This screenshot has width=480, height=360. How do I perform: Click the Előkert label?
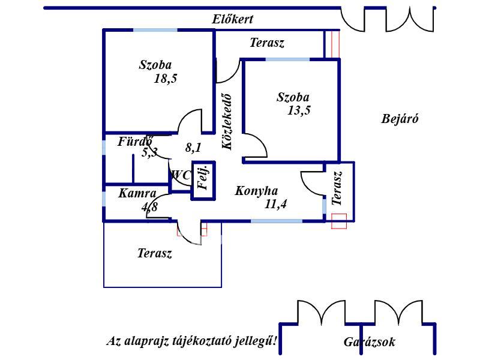pyautogui.click(x=233, y=19)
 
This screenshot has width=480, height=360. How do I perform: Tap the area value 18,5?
pyautogui.click(x=166, y=79)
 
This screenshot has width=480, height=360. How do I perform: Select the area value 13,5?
pyautogui.click(x=299, y=110)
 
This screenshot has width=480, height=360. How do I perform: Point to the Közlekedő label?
pyautogui.click(x=227, y=122)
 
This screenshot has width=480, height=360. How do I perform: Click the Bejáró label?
pyautogui.click(x=400, y=119)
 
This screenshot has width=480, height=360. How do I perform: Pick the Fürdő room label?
pyautogui.click(x=134, y=142)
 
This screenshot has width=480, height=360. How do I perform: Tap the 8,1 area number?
pyautogui.click(x=193, y=148)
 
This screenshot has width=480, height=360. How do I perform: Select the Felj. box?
pyautogui.click(x=203, y=181)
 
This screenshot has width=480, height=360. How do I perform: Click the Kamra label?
pyautogui.click(x=137, y=193)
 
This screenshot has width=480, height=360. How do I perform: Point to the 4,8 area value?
pyautogui.click(x=149, y=207)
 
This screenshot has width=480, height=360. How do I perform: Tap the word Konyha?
pyautogui.click(x=257, y=191)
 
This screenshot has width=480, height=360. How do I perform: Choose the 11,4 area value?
pyautogui.click(x=275, y=204)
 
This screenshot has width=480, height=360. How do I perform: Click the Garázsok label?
pyautogui.click(x=370, y=342)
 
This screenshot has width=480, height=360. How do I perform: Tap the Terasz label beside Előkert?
pyautogui.click(x=267, y=43)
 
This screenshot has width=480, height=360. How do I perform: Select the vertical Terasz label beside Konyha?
pyautogui.click(x=337, y=188)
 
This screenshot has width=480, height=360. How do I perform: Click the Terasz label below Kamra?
pyautogui.click(x=155, y=253)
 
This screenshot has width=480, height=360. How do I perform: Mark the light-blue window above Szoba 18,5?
pyautogui.click(x=155, y=30)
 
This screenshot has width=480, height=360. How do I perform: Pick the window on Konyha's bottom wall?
pyautogui.click(x=277, y=221)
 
